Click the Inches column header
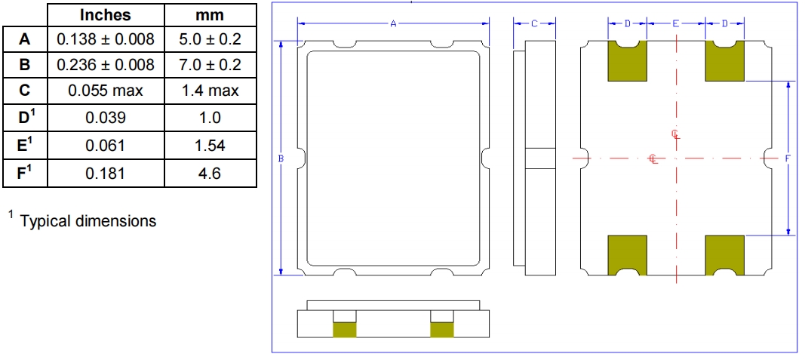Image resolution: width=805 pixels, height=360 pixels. pos(105,15)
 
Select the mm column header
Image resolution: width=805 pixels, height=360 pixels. pos(210,15)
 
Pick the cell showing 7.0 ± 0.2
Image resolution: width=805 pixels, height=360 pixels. pos(210,65)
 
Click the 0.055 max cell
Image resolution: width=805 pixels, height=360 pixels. pos(105,91)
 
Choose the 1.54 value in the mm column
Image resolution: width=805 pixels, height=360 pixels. pos(210,146)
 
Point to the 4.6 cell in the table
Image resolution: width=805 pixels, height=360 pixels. pos(210,174)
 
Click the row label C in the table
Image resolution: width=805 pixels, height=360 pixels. pos(25,91)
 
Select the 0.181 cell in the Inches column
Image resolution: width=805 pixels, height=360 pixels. pos(105,174)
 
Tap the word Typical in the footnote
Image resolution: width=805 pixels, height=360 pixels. pos(45,221)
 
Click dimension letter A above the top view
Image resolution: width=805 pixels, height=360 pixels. pos(393,24)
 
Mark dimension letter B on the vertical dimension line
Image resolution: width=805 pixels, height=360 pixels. pos(281,158)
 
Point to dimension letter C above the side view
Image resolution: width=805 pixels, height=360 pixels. pos(533,24)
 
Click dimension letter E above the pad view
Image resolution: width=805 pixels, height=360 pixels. pos(675,24)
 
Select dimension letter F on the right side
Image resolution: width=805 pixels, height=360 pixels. pos(788,158)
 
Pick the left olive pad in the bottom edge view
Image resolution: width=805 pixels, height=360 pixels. pos(345,329)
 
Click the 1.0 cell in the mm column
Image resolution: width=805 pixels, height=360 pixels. pos(210,118)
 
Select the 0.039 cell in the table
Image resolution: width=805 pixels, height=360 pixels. pos(105,118)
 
